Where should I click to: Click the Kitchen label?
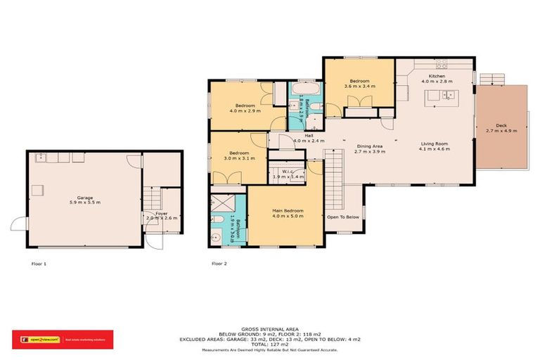click(x=437, y=76)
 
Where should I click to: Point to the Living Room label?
click(x=435, y=143)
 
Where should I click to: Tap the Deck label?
click(x=501, y=124)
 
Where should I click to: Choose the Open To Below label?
click(x=343, y=217)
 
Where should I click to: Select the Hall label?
click(x=309, y=135)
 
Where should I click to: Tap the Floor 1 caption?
click(x=39, y=264)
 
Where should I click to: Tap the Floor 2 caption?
click(x=219, y=264)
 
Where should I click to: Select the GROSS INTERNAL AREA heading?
click(x=269, y=328)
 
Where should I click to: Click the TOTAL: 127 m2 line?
click(x=269, y=344)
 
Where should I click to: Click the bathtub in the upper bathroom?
click(x=305, y=90)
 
